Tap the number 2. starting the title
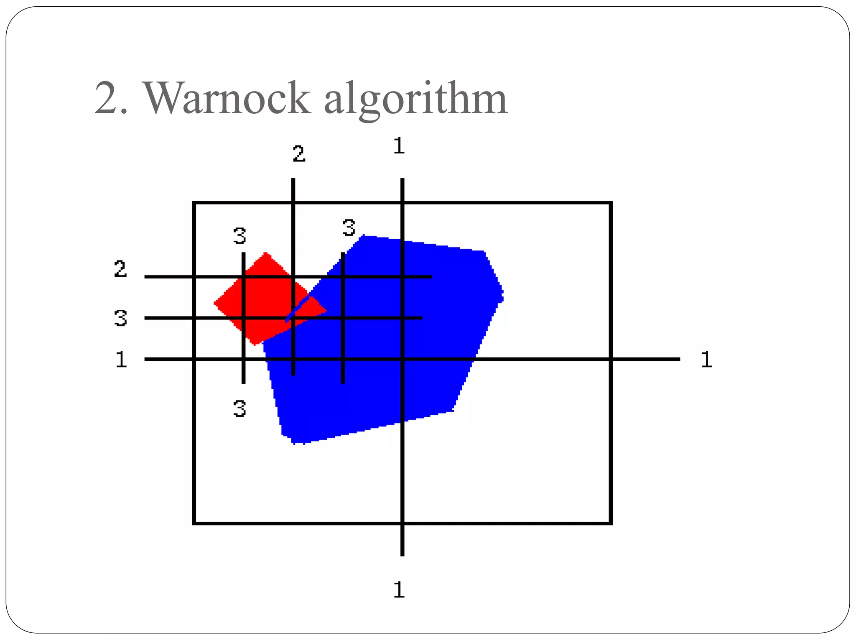click(x=111, y=98)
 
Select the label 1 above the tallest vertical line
click(x=399, y=146)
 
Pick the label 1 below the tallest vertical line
click(x=399, y=590)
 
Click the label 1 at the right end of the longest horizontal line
click(x=706, y=359)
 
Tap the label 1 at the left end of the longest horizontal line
click(x=121, y=359)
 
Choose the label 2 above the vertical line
click(x=299, y=154)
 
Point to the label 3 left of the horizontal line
click(x=120, y=318)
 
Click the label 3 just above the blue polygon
click(x=349, y=228)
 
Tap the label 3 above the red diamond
click(x=239, y=236)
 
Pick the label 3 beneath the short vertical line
click(x=239, y=408)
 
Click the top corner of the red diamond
click(x=266, y=253)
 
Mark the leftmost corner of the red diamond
click(x=214, y=303)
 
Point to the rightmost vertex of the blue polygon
click(x=503, y=293)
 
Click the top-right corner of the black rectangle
click(x=611, y=203)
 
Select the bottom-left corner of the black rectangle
click(x=194, y=523)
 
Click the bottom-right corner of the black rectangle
click(x=611, y=523)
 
